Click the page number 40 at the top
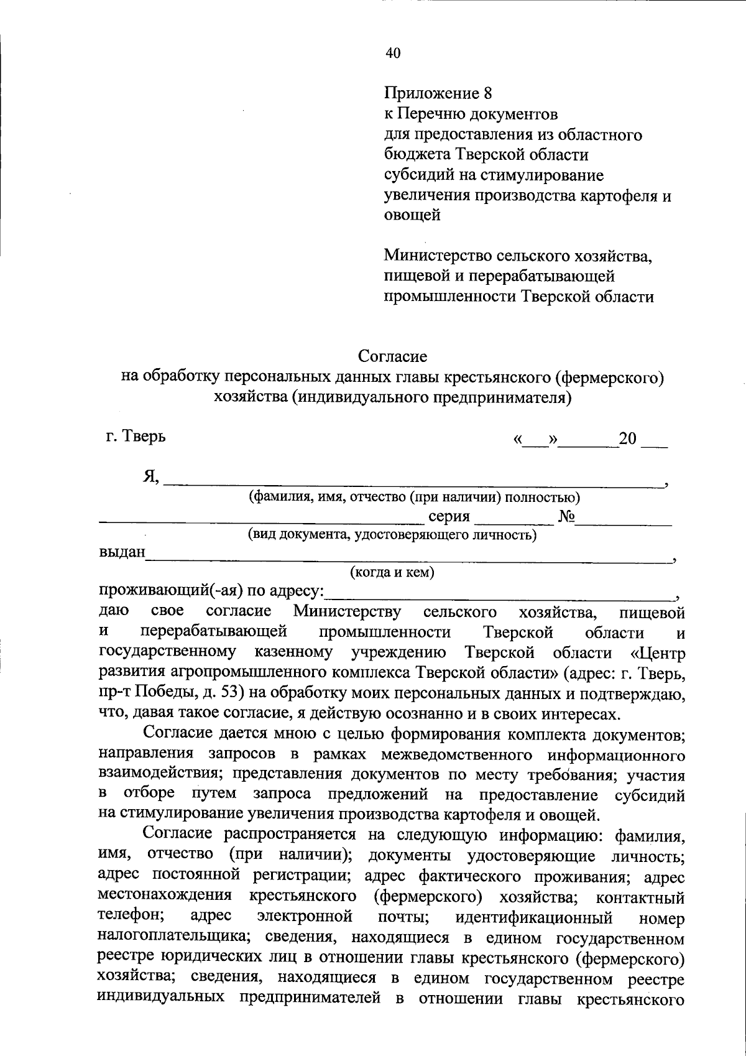393,53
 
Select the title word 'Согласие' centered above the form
392,356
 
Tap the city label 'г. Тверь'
136,436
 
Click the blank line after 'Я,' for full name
413,480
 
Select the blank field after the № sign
624,520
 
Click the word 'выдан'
122,552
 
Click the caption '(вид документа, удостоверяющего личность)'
392,534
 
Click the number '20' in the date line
628,439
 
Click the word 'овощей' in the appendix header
412,215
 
